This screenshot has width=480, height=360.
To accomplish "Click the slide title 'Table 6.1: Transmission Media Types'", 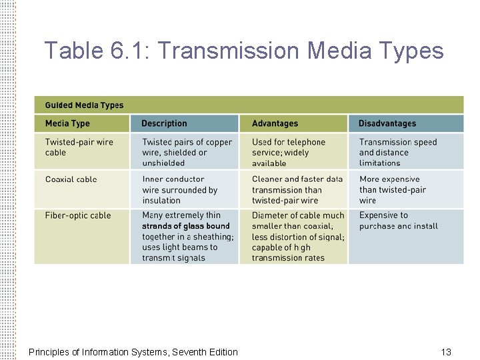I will (243, 51).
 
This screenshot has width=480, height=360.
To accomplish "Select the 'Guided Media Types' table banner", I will (84, 105).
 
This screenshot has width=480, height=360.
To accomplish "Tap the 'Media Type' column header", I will (67, 123).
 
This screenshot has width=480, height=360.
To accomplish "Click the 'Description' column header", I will (164, 123).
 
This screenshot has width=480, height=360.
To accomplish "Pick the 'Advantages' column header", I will (275, 123).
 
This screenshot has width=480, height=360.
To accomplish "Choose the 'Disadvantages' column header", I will (387, 123).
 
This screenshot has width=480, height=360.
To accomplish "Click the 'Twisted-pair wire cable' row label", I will (79, 147).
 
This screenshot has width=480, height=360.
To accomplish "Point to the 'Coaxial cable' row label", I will (71, 179).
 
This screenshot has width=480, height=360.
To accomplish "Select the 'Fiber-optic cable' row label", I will (77, 215).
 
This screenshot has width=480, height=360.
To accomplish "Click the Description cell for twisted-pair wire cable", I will (187, 152).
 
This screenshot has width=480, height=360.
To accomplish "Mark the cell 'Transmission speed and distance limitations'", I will (397, 152).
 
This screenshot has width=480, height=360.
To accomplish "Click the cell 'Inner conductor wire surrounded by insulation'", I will (179, 189).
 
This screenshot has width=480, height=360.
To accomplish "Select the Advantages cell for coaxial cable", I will (297, 189).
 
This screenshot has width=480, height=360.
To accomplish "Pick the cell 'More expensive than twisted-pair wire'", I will (392, 189).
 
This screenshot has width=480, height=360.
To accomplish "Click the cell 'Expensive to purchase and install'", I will (398, 221).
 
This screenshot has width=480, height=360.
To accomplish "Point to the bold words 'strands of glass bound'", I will (185, 226).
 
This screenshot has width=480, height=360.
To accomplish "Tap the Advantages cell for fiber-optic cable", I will (297, 237).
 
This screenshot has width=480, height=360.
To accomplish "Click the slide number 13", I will (446, 352).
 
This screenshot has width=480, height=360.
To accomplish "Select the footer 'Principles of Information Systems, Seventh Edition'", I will (133, 352).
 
